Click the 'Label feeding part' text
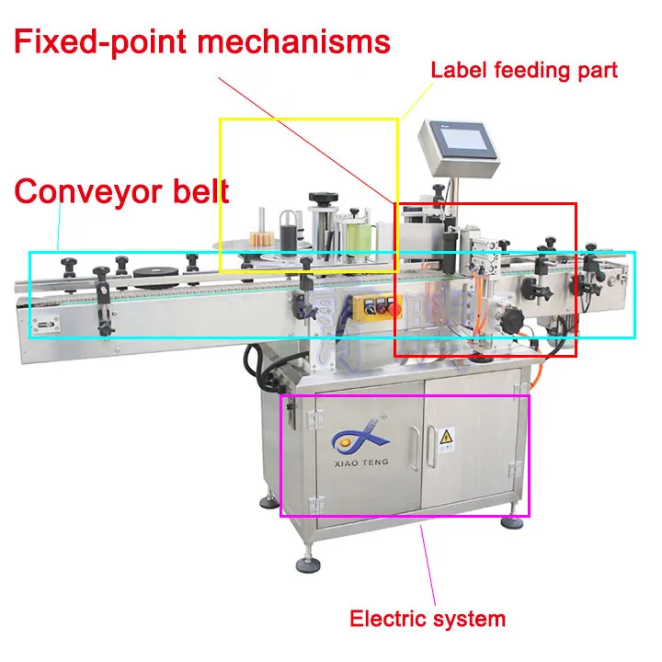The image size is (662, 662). point(524,69)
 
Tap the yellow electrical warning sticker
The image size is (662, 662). point(447,435)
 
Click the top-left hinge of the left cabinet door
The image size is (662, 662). point(311,417)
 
